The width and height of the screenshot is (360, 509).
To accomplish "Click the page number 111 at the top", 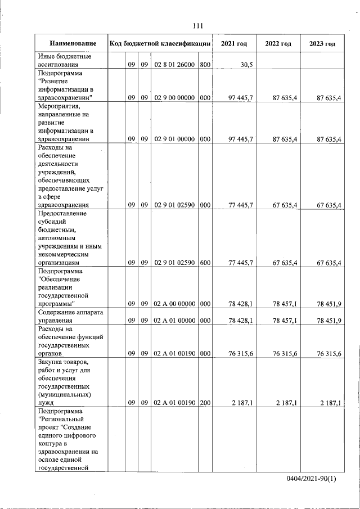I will (197, 26).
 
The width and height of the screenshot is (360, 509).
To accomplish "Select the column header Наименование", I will (73, 43).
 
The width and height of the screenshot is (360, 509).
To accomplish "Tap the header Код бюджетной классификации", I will (160, 43).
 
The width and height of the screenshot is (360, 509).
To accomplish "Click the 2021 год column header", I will (234, 43).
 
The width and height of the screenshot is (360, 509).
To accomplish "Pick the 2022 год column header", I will (278, 43).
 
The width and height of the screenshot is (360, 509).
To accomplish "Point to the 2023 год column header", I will (322, 43).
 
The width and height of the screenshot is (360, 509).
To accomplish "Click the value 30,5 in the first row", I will (246, 65).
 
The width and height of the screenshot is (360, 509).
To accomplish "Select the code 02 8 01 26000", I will (174, 65).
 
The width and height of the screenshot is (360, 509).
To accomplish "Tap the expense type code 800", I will (205, 65).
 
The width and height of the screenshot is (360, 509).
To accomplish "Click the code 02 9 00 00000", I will (174, 98).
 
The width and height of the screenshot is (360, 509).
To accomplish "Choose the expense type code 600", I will (205, 263).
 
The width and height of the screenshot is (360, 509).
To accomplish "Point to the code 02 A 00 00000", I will (174, 304).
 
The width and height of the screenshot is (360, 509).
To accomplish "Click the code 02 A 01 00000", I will (174, 321).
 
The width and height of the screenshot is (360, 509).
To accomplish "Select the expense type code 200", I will (205, 403).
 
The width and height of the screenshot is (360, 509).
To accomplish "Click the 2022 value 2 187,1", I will (285, 403).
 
